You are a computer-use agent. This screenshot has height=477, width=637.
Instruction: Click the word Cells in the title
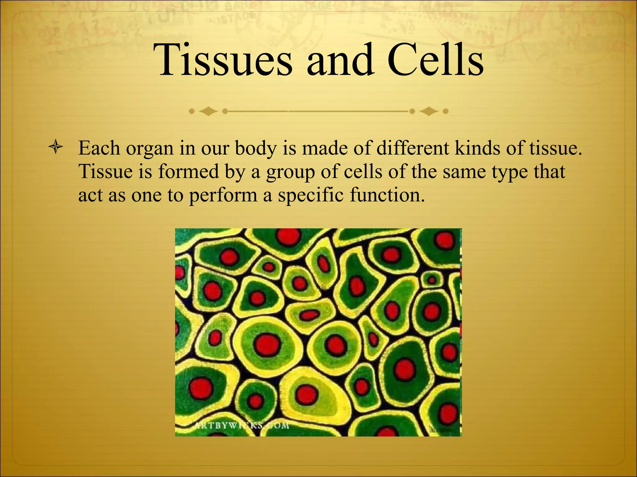pos(435,60)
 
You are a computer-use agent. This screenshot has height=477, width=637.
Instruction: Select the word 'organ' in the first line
pos(149,148)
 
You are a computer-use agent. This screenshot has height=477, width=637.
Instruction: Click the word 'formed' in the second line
pos(188,171)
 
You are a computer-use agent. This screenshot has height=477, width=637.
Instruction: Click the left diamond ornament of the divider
pos(208,111)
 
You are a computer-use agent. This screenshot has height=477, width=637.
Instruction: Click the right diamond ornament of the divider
pos(429,111)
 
